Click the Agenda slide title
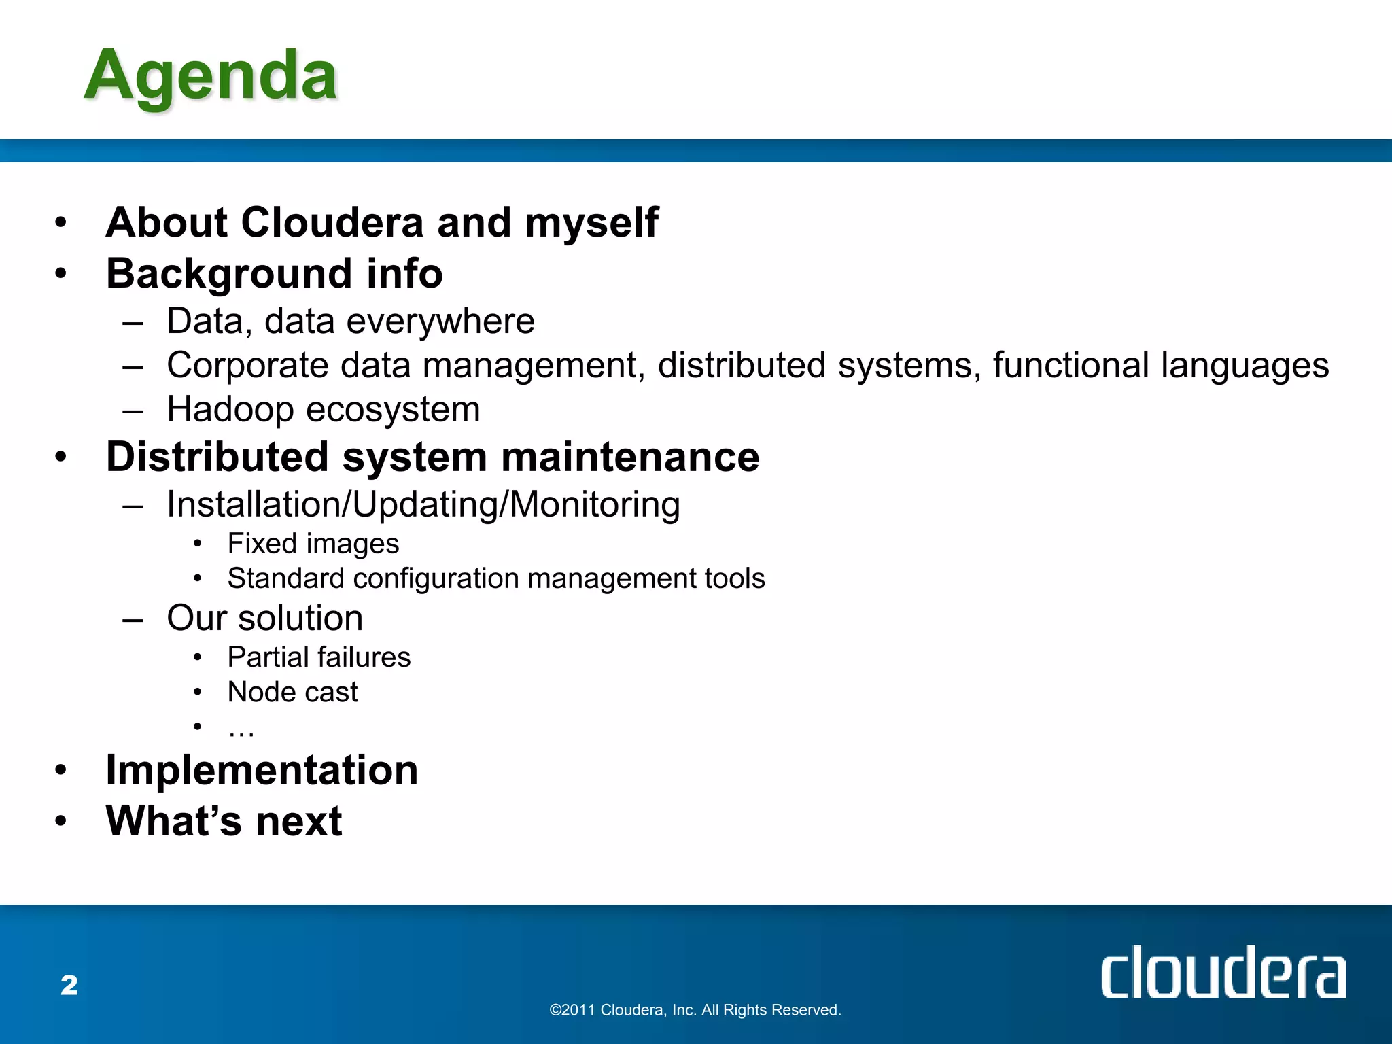click(211, 76)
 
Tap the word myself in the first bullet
click(591, 222)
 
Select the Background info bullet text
click(275, 273)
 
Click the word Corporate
click(247, 366)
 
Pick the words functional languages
click(1160, 366)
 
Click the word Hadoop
click(230, 410)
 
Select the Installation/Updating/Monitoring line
click(423, 505)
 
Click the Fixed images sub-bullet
click(313, 544)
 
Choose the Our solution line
click(264, 618)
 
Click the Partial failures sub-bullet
click(319, 657)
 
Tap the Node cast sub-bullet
click(292, 692)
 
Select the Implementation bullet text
click(262, 770)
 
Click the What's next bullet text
click(224, 821)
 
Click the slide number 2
click(69, 986)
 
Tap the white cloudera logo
click(1222, 973)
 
